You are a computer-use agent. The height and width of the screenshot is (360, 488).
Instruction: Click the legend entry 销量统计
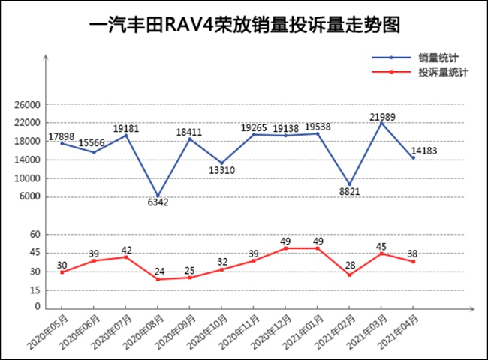coord(439,58)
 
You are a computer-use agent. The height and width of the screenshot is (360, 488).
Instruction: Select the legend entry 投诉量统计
coord(444,73)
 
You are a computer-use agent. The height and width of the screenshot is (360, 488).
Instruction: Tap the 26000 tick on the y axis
coord(28,105)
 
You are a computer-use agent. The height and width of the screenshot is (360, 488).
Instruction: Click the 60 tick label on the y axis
coord(34,235)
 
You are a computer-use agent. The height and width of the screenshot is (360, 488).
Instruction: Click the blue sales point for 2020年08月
coord(158,196)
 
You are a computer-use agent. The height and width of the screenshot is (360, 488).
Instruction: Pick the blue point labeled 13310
coord(221,163)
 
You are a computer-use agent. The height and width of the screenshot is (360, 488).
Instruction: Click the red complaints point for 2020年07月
coord(126,256)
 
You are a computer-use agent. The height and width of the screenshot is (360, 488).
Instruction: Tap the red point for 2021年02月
coord(349,274)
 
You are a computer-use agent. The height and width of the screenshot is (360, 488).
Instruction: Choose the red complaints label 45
coord(381,245)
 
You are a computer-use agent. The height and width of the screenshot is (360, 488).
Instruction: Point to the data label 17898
coord(62,136)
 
